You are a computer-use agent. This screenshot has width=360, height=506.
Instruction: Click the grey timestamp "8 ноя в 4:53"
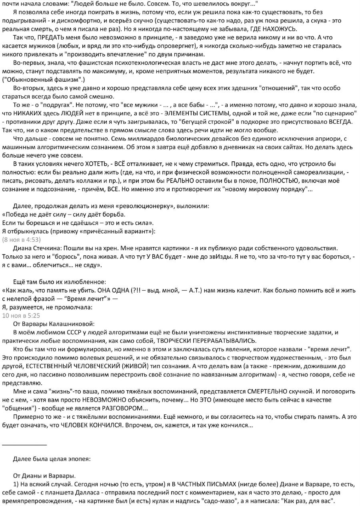(22, 240)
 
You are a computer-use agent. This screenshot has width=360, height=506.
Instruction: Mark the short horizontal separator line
(24, 444)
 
